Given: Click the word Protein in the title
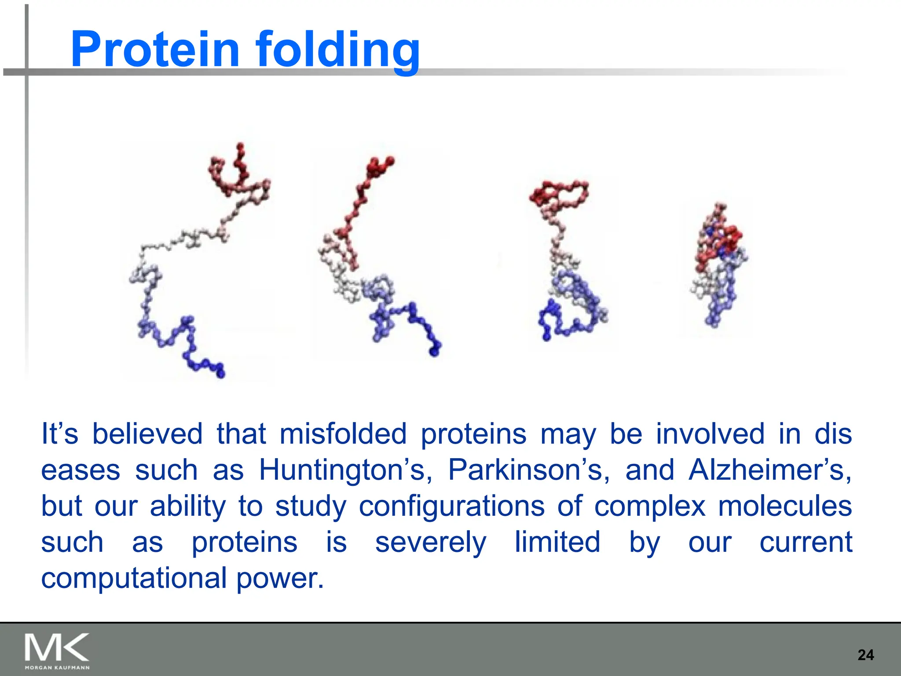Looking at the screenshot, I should [x=155, y=49].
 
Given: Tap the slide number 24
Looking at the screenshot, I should [x=865, y=655].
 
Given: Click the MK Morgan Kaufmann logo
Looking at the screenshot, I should [x=57, y=650].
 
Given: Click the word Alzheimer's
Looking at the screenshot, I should [x=769, y=470].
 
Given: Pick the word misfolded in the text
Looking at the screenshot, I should [x=343, y=434].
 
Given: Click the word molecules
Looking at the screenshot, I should [x=785, y=506].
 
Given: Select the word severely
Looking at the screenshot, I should [x=430, y=542].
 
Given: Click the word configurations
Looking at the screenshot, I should [x=451, y=506].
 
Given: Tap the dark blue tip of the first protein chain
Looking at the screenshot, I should [x=220, y=372].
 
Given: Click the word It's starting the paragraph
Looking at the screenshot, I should [x=59, y=434].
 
